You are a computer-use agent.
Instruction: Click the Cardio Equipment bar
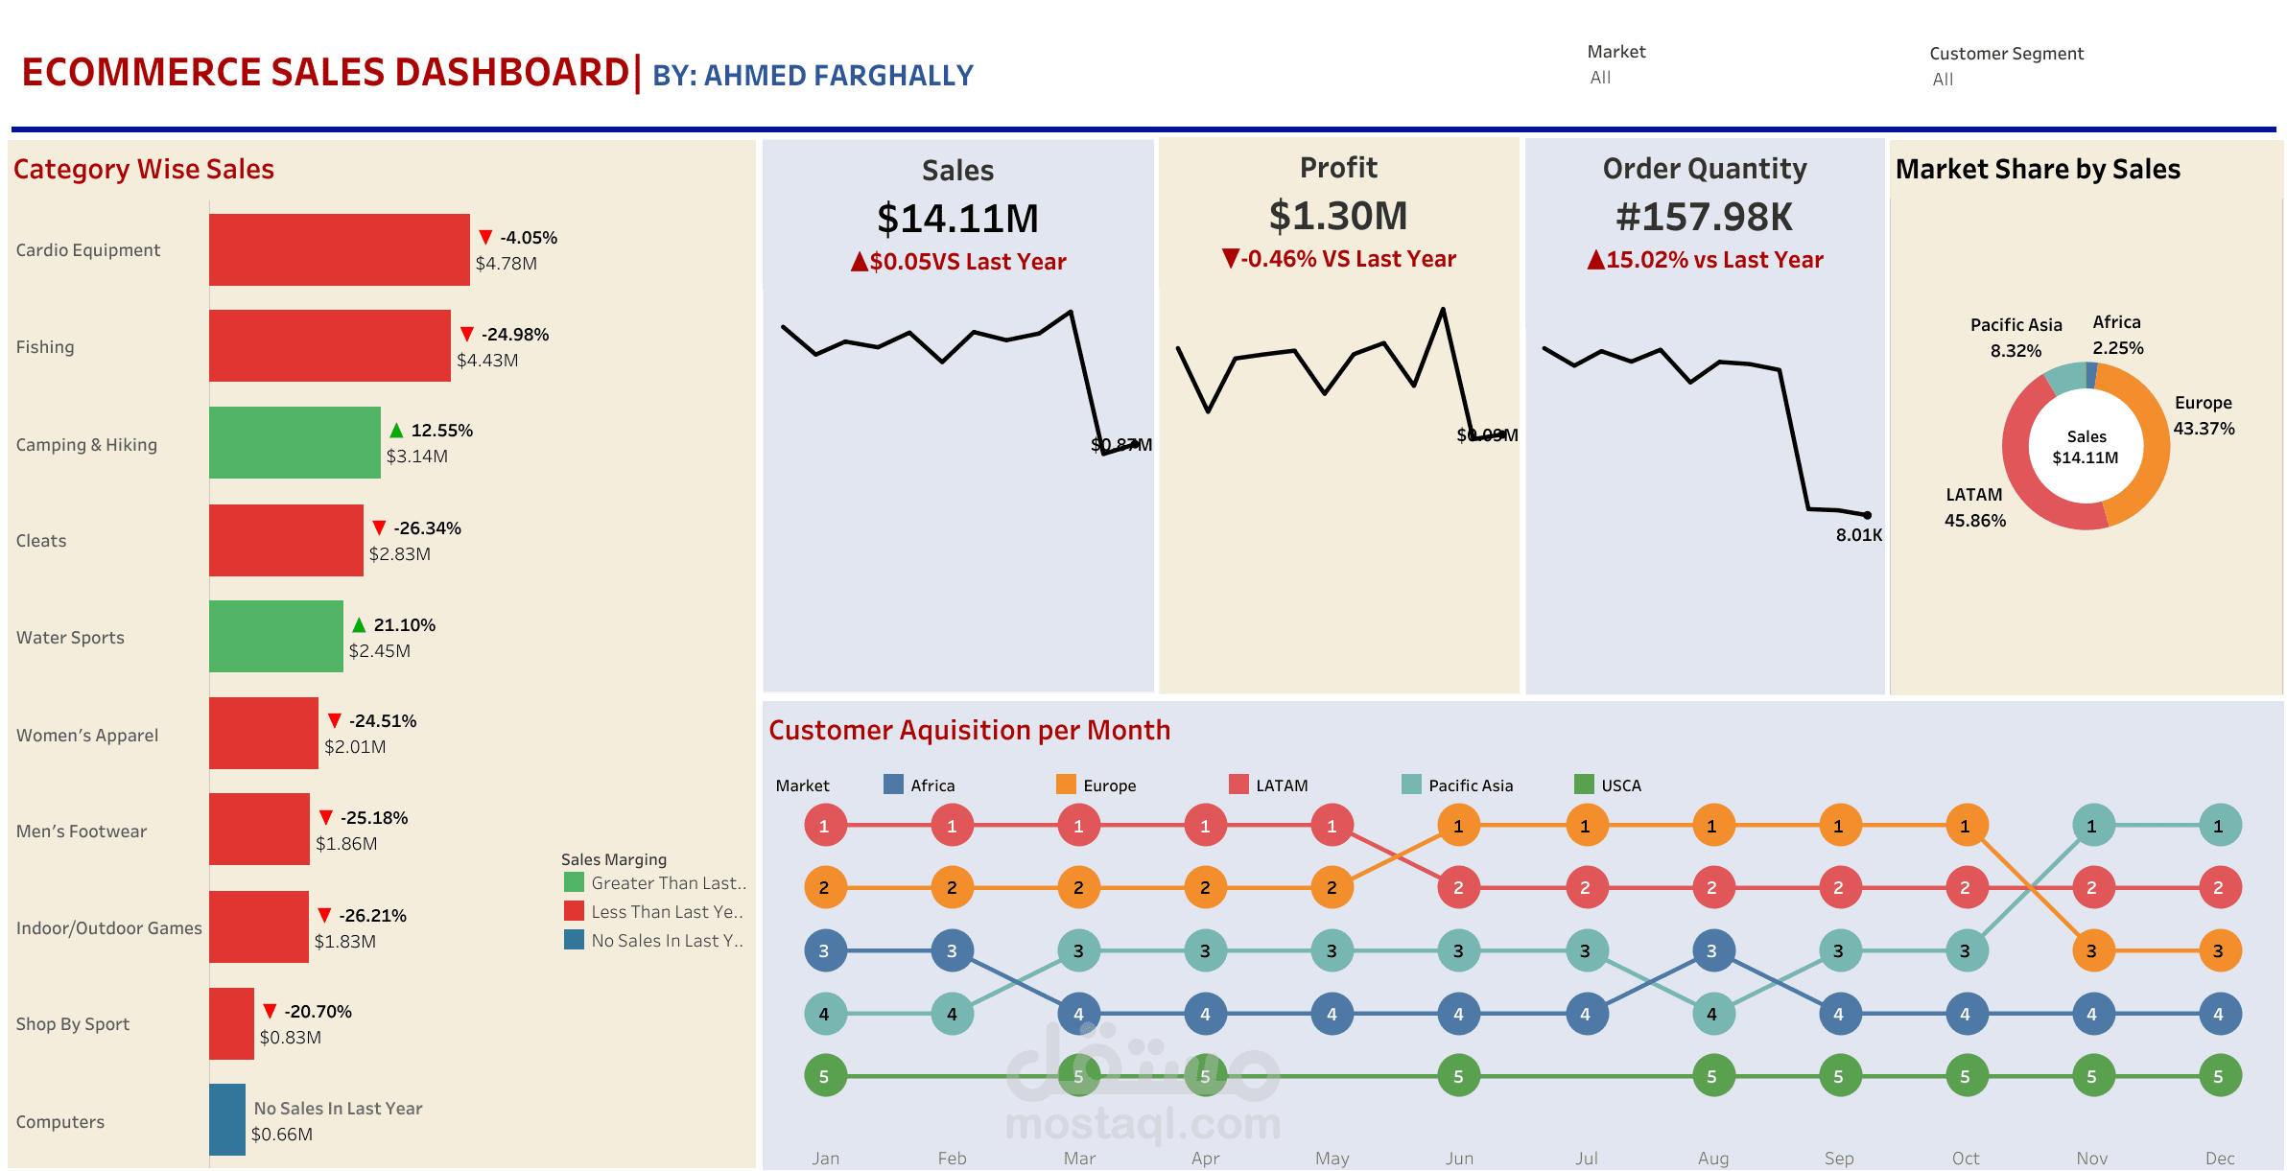[339, 249]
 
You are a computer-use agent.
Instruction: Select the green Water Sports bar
[275, 636]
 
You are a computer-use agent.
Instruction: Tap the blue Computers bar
[227, 1119]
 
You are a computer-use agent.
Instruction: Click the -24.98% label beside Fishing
[514, 335]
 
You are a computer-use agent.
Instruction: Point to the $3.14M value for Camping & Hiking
[416, 457]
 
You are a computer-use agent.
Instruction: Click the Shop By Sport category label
[73, 1024]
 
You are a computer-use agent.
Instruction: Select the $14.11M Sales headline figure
[957, 219]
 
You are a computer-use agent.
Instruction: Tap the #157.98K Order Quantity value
[1704, 217]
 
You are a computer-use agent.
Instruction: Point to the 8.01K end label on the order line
[1858, 535]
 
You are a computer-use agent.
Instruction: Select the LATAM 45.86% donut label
[1974, 507]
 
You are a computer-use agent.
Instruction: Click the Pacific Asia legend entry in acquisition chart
[1470, 785]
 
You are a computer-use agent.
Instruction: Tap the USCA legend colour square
[1584, 785]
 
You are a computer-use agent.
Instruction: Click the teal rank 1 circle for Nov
[2091, 826]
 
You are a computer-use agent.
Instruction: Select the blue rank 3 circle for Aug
[1711, 951]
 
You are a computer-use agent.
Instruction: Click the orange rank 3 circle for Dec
[2218, 951]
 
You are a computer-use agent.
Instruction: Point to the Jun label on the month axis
[1459, 1159]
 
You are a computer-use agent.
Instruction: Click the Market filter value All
[1600, 78]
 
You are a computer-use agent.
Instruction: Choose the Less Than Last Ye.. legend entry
[666, 912]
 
